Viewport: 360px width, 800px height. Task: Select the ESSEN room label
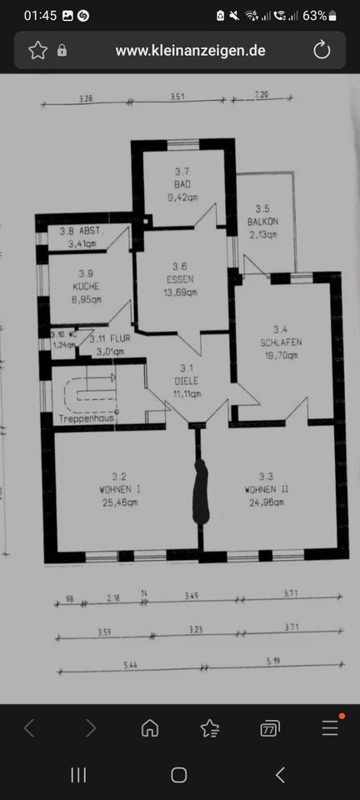(x=181, y=279)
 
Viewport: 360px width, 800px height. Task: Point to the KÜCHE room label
(x=86, y=285)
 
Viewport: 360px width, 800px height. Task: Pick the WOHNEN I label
(x=118, y=490)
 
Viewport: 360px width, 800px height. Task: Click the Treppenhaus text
(x=86, y=418)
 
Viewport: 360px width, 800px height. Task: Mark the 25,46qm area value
(x=118, y=502)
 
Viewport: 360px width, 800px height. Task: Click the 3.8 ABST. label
(x=81, y=232)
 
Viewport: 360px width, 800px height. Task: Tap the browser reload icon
(x=322, y=51)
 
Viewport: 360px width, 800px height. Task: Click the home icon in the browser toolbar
(x=151, y=728)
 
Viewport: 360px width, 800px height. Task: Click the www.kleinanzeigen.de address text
(x=190, y=51)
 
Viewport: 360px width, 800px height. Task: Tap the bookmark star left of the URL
(x=37, y=51)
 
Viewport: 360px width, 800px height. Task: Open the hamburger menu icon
(x=330, y=728)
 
